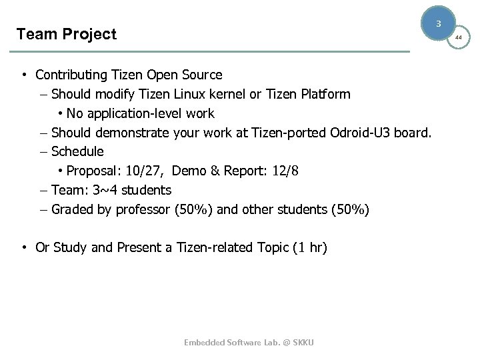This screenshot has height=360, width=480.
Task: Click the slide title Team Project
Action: click(66, 34)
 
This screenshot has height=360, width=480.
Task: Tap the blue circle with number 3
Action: click(438, 24)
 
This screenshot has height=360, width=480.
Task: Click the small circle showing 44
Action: click(458, 38)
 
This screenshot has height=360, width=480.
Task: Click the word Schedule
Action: click(77, 151)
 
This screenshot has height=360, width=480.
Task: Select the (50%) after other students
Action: click(349, 209)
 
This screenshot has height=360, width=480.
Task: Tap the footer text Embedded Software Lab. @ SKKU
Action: click(249, 342)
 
